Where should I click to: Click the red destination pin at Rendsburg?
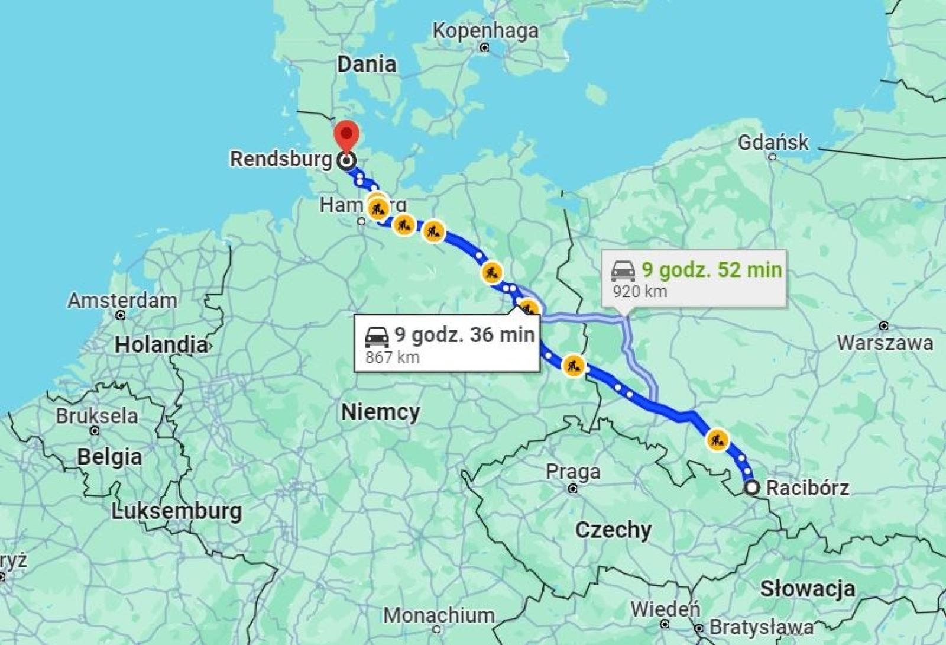point(346,136)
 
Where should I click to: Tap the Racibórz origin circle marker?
point(751,488)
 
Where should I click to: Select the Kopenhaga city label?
point(485,31)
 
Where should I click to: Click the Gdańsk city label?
point(773,142)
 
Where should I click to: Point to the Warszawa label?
point(885,343)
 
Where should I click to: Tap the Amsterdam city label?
point(122,300)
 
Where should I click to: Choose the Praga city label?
point(572,472)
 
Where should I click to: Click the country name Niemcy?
point(380,412)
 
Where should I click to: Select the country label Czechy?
point(613,530)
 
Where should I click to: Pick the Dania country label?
point(367,64)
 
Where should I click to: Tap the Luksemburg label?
point(176,511)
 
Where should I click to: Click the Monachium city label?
point(438,615)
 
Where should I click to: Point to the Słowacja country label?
point(807,588)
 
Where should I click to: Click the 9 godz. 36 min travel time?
point(464,334)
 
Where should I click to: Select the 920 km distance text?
point(639,291)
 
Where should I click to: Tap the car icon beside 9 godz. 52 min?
point(623,271)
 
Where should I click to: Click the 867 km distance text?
point(392,357)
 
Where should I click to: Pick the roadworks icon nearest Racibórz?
point(717,440)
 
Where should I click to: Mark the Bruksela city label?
point(96,416)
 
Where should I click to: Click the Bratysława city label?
point(761,627)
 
